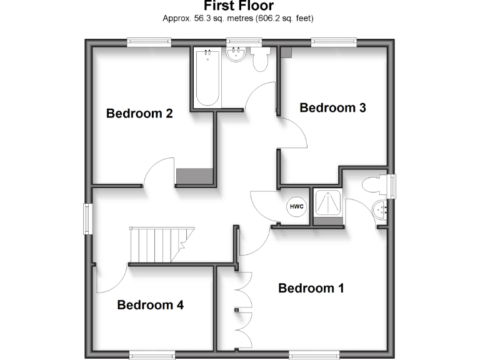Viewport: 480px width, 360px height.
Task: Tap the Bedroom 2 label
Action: tap(139, 114)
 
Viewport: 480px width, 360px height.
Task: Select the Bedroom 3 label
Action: tap(332, 107)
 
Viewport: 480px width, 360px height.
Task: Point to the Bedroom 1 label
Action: tap(311, 288)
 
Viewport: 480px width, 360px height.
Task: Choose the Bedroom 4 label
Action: tap(151, 305)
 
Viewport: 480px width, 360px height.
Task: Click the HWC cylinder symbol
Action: tap(296, 206)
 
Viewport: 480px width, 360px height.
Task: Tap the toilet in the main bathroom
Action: tap(260, 61)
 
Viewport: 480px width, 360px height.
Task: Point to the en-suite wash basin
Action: tap(380, 209)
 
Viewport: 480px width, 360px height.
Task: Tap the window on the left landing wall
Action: tap(88, 218)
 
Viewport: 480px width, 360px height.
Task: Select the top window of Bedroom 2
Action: tap(149, 42)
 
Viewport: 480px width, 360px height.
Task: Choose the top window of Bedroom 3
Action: tap(334, 42)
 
